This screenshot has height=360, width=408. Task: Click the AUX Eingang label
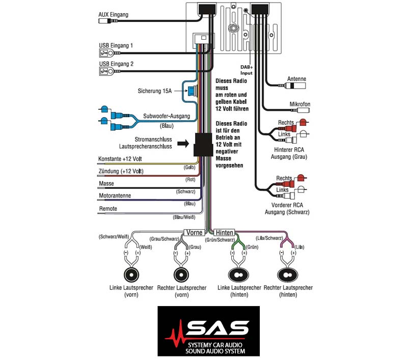pos(113,15)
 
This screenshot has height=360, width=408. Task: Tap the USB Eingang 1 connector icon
pos(106,53)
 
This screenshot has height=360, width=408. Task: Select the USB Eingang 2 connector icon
pos(106,71)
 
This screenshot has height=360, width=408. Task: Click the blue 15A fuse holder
pos(193,91)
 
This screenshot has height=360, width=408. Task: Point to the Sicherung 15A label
pos(154,91)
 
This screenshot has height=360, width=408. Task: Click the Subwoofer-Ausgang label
pos(167,116)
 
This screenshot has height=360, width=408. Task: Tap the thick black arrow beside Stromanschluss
pos(183,143)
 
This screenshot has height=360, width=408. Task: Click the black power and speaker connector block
pos(203,145)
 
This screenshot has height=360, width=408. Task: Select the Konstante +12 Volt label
pos(120,159)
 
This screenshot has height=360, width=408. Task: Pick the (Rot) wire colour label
pos(190,179)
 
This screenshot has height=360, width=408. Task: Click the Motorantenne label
pos(115,196)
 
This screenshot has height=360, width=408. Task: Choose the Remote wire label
pos(108,209)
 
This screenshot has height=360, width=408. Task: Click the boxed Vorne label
pos(195,233)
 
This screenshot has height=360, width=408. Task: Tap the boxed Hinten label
pos(224,233)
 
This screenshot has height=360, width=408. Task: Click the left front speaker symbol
pos(131,274)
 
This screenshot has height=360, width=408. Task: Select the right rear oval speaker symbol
pos(287,275)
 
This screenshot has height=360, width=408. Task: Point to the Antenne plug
pos(295,86)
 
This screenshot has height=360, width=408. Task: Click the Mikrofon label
pos(300,104)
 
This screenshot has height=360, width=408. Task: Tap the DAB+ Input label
pos(247,70)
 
